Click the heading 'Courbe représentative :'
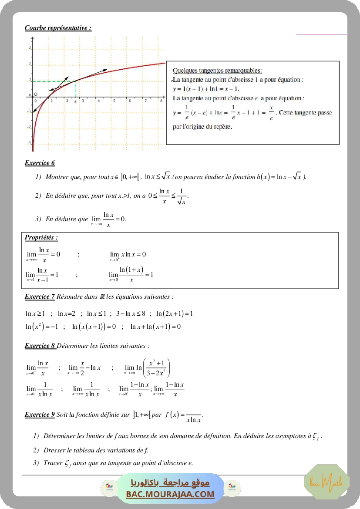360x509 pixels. pos(58,28)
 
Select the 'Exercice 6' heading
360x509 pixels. pos(40,163)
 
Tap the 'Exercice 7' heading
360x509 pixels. pos(40,297)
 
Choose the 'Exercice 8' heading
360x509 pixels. pos(40,346)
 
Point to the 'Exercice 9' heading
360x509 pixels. pos(40,415)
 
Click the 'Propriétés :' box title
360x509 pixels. pos(41,238)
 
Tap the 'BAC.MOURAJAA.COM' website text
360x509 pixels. pos(170,494)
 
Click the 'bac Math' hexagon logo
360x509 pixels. pos(326,482)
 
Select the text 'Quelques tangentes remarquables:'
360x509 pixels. pos(217,71)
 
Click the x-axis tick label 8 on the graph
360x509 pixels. pos(161,101)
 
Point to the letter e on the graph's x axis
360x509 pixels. pos(75,101)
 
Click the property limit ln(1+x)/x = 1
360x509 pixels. pos(131,275)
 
